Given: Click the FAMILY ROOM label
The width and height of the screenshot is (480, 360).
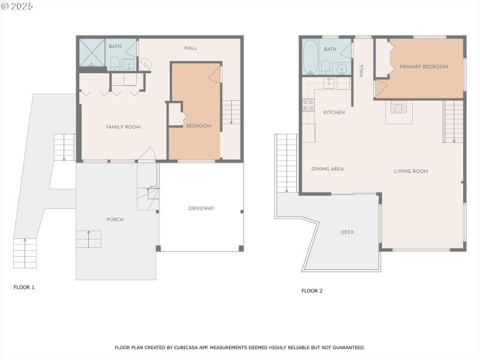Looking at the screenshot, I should tap(123, 127).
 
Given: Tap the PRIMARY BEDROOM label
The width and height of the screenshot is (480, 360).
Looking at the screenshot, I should tap(424, 67).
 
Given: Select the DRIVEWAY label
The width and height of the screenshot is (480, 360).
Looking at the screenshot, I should tap(201, 208).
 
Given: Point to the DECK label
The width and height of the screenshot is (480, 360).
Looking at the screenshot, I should tap(347, 232).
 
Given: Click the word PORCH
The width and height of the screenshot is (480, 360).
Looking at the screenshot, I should tap(115, 220).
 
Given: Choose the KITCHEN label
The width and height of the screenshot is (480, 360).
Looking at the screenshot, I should tap(334, 112).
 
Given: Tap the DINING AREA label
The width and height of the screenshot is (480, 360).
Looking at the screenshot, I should tap(328, 169).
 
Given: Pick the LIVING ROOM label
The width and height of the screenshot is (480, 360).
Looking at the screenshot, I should tap(411, 171).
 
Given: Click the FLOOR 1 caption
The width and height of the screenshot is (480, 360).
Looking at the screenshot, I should tap(24, 287).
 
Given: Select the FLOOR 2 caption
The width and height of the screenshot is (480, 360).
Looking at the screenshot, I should tap(312, 291).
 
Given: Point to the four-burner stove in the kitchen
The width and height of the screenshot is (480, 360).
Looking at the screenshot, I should tap(308, 105).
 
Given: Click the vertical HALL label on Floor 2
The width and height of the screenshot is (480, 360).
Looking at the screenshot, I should tap(361, 70).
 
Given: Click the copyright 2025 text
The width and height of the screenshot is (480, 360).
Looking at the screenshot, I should tap(17, 6).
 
